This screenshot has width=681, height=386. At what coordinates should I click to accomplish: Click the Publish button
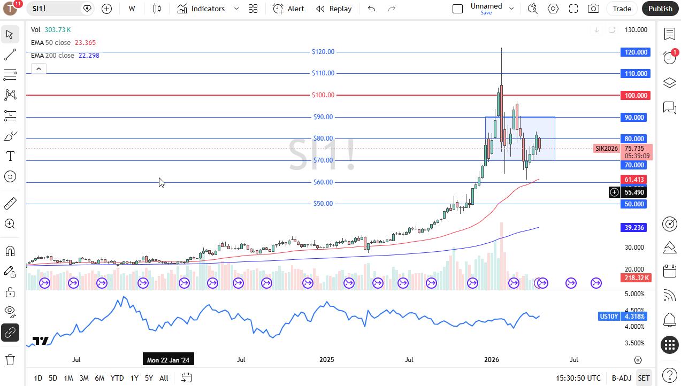(660, 9)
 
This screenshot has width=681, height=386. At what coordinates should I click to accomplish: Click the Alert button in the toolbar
(288, 9)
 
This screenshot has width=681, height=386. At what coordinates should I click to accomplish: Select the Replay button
(334, 9)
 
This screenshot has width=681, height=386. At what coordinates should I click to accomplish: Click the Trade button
(622, 9)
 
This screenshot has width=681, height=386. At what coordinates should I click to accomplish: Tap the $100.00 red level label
(323, 95)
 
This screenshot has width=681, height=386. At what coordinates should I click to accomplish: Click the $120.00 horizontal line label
(323, 52)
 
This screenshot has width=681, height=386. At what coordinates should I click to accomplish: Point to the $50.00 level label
(323, 204)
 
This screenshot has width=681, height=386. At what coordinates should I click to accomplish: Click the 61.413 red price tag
(634, 180)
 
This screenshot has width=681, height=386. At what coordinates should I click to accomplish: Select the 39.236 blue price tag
(634, 228)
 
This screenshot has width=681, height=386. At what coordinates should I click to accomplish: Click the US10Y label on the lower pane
(609, 316)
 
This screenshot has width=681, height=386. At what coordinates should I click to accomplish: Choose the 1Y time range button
(134, 378)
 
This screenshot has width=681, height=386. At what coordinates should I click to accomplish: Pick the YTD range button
(117, 378)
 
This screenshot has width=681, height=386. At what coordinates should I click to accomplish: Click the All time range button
(164, 378)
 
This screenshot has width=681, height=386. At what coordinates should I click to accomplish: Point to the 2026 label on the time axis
(491, 360)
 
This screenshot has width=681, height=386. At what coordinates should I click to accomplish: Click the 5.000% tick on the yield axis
(634, 294)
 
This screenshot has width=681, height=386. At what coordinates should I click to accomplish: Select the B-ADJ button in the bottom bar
(622, 378)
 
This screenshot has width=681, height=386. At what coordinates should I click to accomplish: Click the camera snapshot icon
(593, 9)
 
